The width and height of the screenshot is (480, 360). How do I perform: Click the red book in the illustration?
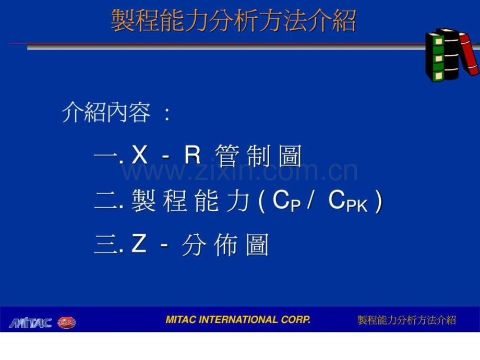tap(469, 53)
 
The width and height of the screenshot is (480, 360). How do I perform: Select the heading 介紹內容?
tap(106, 113)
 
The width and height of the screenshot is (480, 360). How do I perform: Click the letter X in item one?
tap(140, 156)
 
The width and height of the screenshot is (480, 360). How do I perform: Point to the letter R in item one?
tap(193, 156)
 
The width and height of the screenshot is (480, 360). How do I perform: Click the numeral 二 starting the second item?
tap(106, 201)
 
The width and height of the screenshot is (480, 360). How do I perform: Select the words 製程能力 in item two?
tap(190, 201)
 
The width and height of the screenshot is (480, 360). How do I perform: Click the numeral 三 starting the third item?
tap(106, 245)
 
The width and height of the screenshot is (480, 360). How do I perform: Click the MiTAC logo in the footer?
tap(30, 323)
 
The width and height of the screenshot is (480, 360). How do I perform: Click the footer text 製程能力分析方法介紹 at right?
tap(406, 320)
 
